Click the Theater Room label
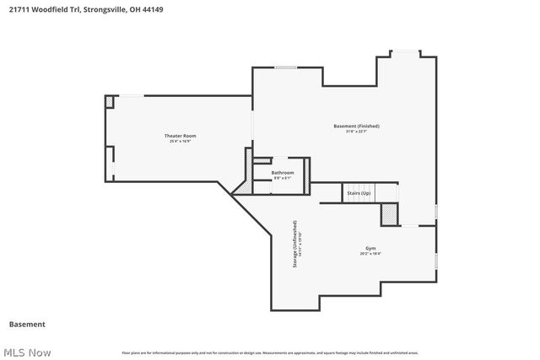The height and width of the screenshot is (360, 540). pos(180,136)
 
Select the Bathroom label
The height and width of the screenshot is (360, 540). pos(283,173)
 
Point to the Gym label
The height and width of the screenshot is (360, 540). pos(370,249)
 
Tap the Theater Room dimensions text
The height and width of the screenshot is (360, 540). pos(180,141)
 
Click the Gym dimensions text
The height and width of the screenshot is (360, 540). pos(370,254)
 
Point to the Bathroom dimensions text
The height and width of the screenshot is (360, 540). pos(283,178)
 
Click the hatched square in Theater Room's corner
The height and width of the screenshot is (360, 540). pos(110,101)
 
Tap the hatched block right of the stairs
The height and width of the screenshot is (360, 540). pos(389,216)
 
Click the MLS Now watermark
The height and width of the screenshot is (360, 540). pos(26,352)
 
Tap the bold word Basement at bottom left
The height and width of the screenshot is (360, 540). pos(26,324)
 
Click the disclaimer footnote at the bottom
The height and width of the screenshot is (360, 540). pos(270,352)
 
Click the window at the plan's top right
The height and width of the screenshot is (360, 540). pos(408,53)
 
